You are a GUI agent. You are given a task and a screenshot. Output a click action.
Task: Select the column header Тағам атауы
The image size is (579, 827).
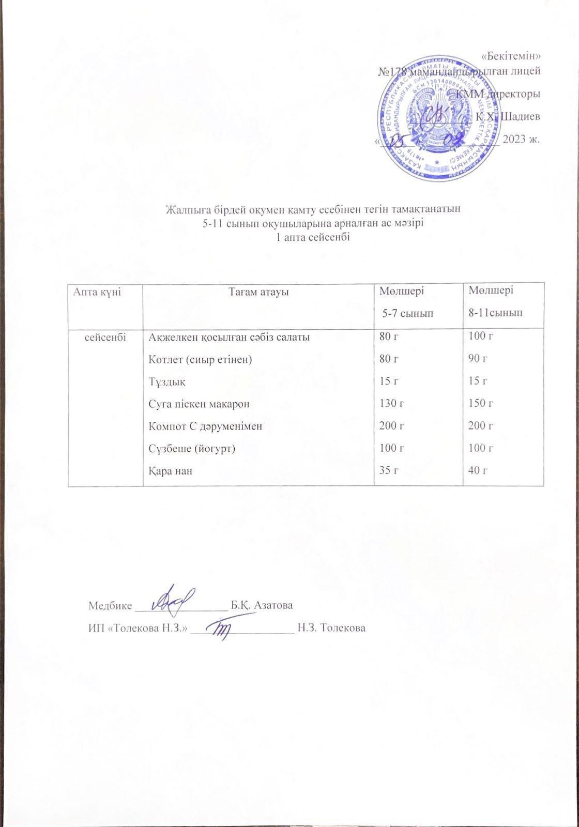(258, 292)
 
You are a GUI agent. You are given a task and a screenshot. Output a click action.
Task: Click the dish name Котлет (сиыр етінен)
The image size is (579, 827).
(200, 359)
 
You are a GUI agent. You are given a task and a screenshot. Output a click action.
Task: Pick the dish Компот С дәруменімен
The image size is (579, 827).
(205, 426)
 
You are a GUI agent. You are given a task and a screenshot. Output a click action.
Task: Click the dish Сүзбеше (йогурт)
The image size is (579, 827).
(192, 448)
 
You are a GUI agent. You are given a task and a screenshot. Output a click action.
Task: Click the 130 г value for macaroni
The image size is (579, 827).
(391, 403)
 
